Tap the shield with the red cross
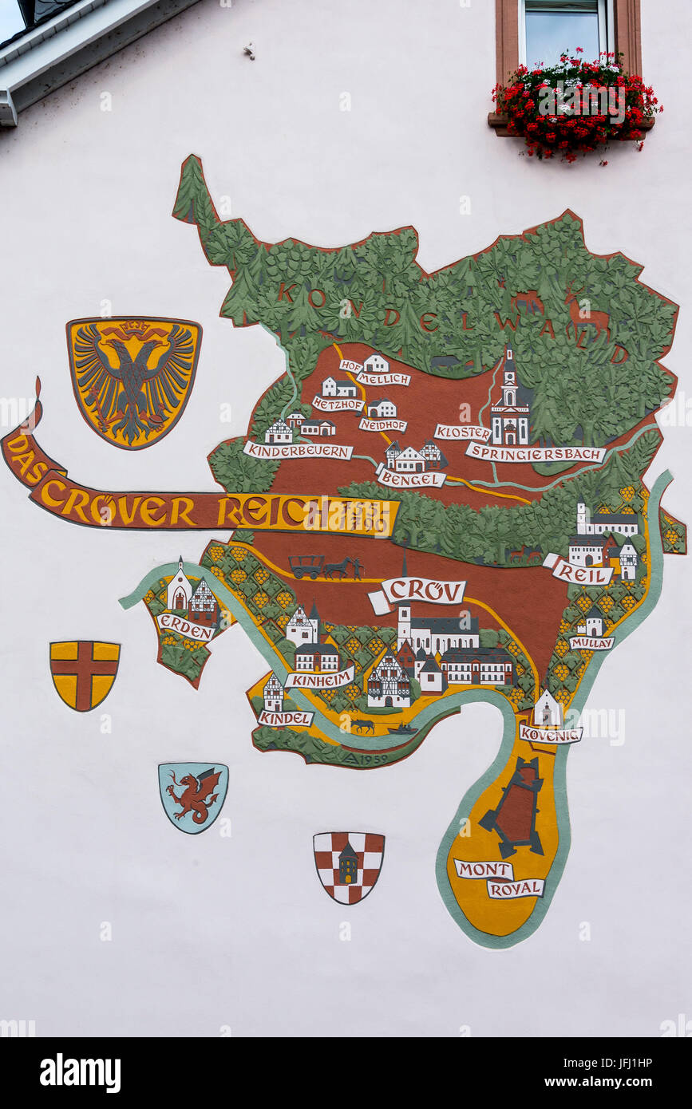85,674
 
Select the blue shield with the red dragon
193,796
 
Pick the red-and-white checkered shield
348,866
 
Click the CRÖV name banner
422,591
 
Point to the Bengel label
411,479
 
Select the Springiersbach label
536,453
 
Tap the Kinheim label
320,679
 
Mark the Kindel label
285,718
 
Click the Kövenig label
551,734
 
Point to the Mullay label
591,642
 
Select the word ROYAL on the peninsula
516,888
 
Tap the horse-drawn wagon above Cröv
324,566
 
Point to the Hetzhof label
338,405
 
